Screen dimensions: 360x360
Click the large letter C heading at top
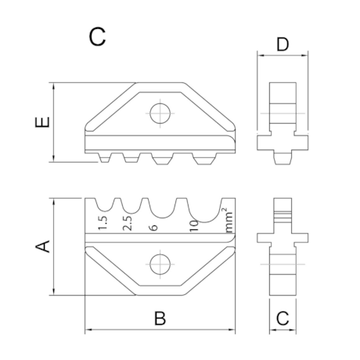pos(97,37)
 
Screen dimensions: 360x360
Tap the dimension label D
pos(283,45)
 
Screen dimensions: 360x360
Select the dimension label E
pos(42,122)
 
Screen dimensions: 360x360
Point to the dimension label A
pos(42,247)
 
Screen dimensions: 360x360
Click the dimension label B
pos(160,318)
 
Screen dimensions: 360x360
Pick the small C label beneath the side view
pos(283,318)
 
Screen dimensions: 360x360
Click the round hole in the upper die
pos(160,113)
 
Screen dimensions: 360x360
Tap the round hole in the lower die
pos(160,265)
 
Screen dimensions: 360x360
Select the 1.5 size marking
pos(103,223)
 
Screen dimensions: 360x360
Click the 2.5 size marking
pos(128,223)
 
